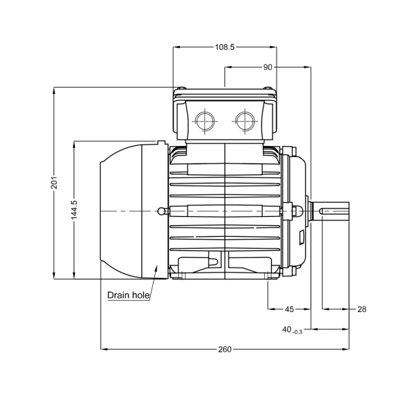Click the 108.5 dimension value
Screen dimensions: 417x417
click(224, 47)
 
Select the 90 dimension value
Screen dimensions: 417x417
click(268, 67)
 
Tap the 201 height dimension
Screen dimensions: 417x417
click(54, 182)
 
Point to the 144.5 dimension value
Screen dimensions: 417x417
click(74, 210)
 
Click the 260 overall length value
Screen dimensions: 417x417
click(224, 349)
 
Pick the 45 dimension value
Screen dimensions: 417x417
click(289, 309)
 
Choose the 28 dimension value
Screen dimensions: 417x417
click(361, 309)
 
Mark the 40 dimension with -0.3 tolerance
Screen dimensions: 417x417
click(292, 330)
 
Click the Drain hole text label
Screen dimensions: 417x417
click(128, 295)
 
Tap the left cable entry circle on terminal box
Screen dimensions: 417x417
click(205, 121)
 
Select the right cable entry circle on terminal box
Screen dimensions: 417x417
click(245, 121)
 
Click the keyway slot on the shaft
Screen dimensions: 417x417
click(334, 211)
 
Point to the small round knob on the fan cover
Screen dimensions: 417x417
click(161, 211)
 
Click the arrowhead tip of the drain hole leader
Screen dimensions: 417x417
click(157, 265)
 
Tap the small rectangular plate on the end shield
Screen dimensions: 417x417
click(302, 238)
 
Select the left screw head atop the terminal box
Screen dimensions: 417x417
click(181, 88)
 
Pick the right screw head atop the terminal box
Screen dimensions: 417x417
click(268, 88)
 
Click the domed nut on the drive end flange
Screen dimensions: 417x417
click(297, 211)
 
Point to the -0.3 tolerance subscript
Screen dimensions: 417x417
click(297, 332)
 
